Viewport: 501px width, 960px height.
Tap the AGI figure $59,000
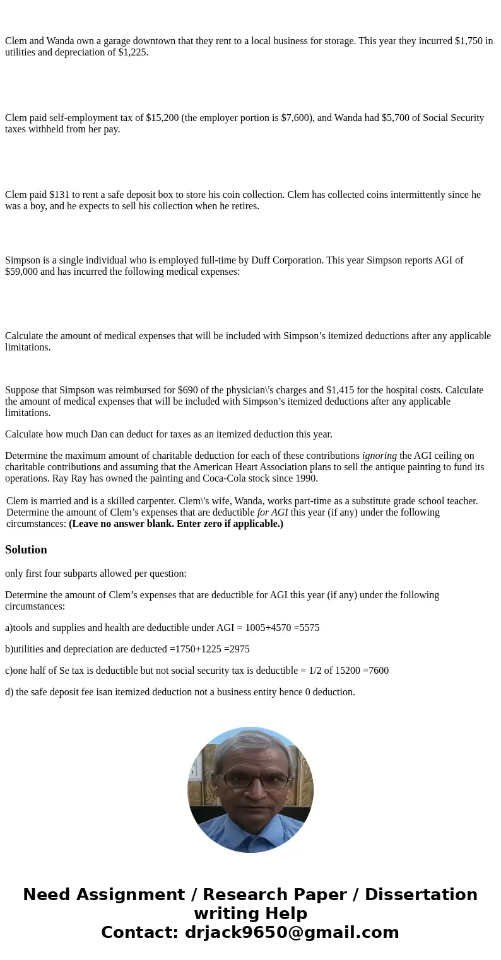point(21,272)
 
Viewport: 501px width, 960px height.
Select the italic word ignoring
point(379,456)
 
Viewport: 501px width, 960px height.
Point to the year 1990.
point(305,478)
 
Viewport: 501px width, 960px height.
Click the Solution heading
point(26,550)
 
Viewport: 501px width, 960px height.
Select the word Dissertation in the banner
point(421,894)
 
